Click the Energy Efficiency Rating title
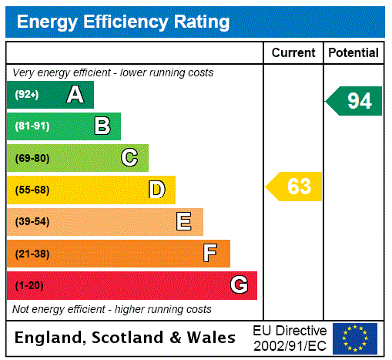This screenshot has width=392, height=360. pos(123,22)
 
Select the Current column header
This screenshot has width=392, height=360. pos(293,53)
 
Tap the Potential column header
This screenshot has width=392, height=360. pos(353,53)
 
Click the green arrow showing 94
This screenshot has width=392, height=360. pos(354,101)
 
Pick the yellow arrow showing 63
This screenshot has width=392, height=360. pos(294,187)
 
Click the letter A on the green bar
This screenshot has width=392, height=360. pos(75,95)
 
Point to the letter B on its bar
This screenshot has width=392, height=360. pos(102,126)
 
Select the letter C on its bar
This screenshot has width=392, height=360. pos(129,158)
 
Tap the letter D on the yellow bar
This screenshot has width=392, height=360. pos(156,190)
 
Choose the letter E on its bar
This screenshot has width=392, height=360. pos(184,222)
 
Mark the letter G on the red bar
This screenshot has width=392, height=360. pos(239,285)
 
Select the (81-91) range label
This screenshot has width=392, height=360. pos(32,126)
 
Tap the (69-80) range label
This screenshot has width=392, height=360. pos(32,158)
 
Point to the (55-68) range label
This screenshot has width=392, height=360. pos(32,190)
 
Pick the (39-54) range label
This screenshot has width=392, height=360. pos(32,222)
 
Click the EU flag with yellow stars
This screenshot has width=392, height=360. pos(355,338)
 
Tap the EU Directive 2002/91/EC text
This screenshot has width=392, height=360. pos(290,338)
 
